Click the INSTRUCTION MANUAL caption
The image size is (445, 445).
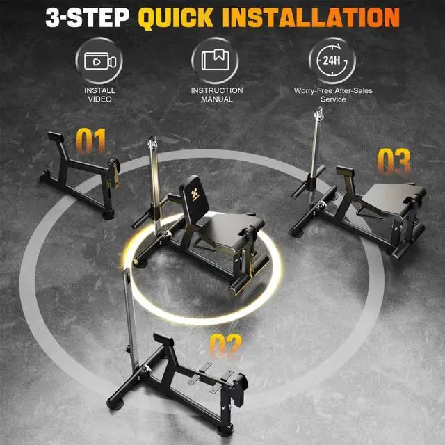pyautogui.click(x=217, y=95)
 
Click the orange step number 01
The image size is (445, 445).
pyautogui.click(x=92, y=141)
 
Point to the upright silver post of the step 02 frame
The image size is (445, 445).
pyautogui.click(x=127, y=306)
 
